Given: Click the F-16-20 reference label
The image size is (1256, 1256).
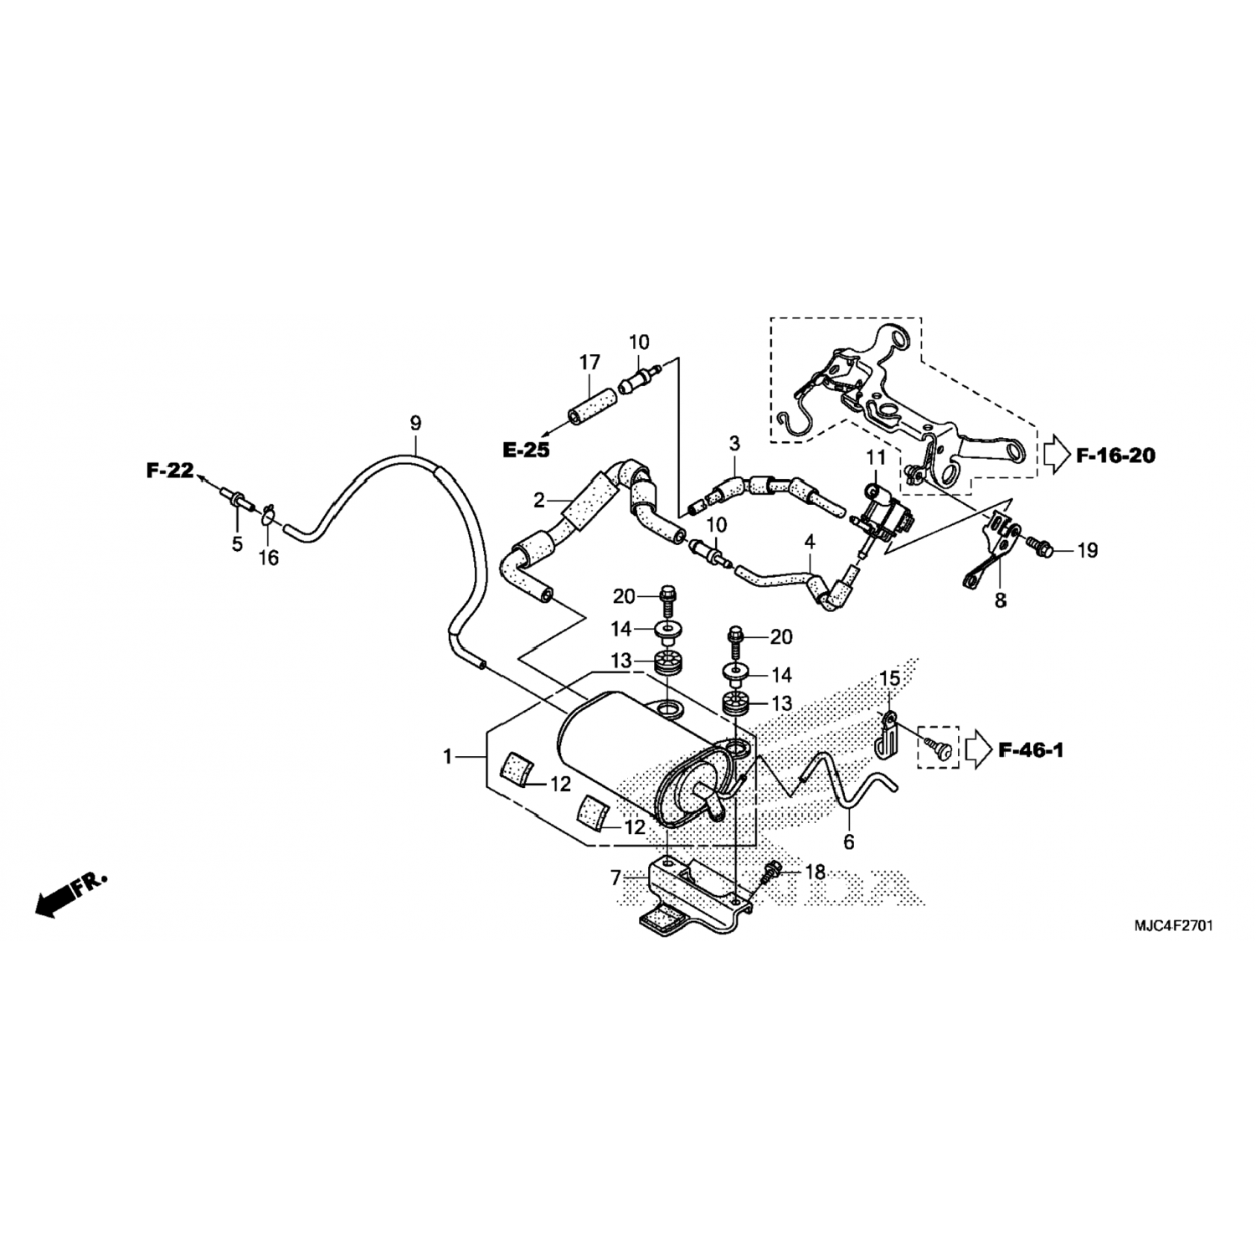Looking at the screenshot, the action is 1115,456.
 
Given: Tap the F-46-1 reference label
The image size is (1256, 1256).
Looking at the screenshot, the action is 1031,750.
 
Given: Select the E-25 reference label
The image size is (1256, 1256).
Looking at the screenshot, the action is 526,450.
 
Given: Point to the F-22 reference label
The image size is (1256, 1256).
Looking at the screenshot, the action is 170,471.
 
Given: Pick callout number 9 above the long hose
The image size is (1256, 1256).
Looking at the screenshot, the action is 415,423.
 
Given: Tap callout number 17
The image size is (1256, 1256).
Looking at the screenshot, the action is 589,363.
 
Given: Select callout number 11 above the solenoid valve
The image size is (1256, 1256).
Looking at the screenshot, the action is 876,457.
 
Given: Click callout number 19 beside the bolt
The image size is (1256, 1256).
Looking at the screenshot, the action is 1087,550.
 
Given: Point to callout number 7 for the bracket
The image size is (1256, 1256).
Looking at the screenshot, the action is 616,878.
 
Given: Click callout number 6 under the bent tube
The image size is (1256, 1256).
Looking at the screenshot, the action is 848,843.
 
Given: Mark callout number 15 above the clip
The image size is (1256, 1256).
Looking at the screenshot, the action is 889,677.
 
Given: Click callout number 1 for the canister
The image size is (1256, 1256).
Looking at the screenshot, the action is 448,757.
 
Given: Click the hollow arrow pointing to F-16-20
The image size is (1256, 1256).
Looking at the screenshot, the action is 1057,456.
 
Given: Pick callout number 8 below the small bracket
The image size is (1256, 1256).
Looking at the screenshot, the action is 1000,600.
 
